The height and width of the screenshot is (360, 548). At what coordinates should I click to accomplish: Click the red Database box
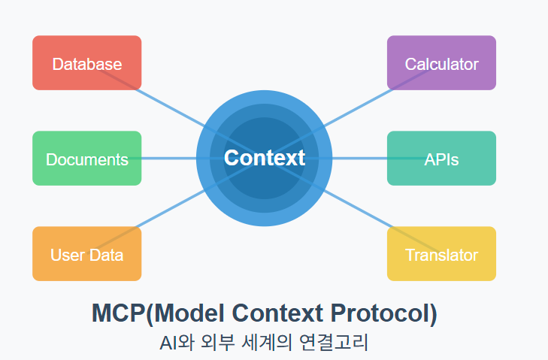(86, 63)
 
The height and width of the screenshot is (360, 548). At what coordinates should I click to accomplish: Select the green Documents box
(86, 159)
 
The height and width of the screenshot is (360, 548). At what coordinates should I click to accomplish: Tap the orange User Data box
(86, 254)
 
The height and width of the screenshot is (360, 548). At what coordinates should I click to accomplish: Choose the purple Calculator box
(441, 63)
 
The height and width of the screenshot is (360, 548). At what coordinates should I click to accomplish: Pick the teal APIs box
(441, 159)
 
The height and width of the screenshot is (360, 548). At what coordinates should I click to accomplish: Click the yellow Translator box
(441, 254)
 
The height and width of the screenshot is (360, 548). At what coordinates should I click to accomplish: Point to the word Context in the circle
(265, 158)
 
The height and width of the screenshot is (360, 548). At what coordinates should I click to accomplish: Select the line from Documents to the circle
(169, 159)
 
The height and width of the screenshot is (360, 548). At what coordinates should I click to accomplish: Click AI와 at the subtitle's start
(177, 343)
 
